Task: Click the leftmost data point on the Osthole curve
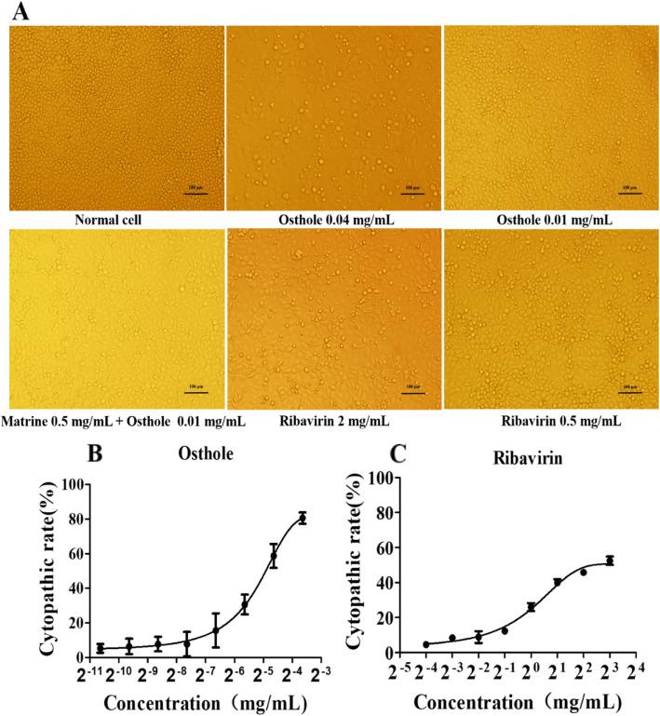pos(101,648)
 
